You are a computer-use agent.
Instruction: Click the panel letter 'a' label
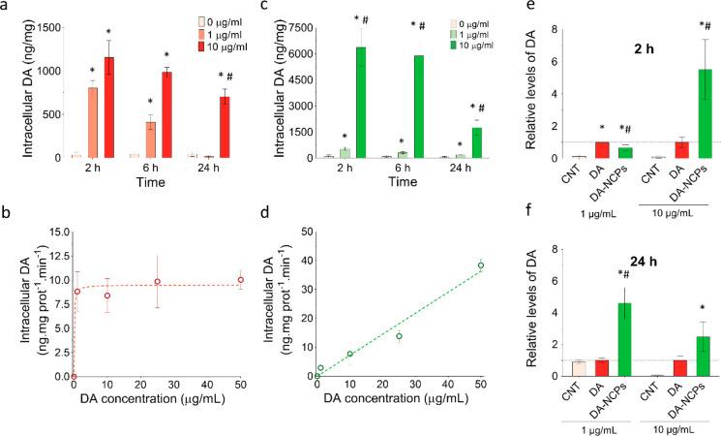pyautogui.click(x=7, y=9)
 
